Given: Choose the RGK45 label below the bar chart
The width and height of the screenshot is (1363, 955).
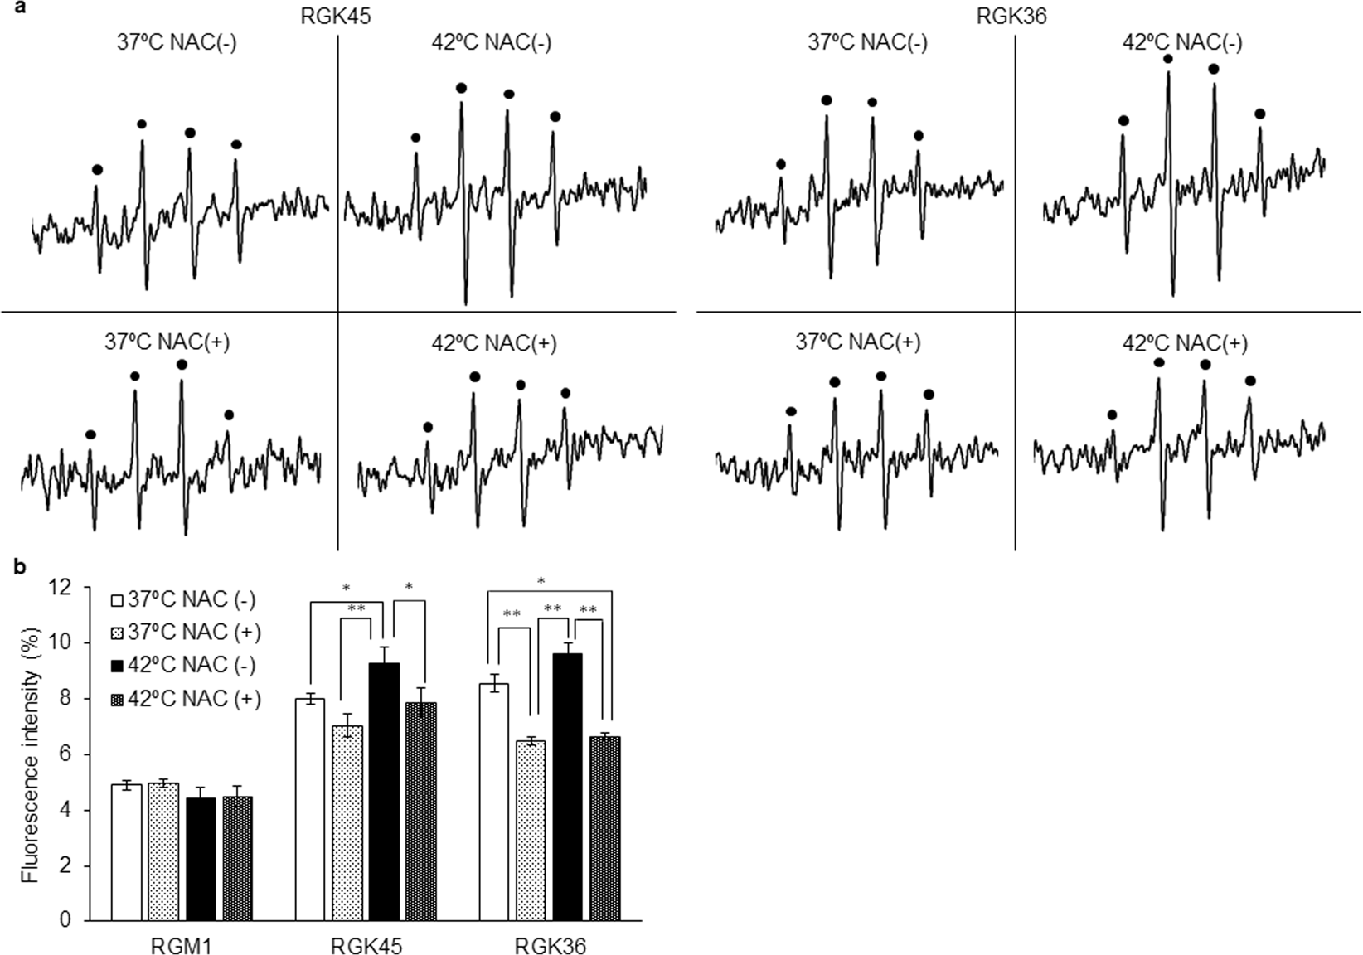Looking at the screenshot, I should coord(366,945).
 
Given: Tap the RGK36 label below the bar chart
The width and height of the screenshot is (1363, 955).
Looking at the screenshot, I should coord(550,945).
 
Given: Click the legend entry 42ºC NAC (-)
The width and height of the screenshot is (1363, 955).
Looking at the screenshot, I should coord(186,666).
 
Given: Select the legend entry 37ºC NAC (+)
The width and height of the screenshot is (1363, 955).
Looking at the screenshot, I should coord(186,633).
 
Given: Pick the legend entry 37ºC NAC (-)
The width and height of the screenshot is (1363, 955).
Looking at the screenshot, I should coord(186,599).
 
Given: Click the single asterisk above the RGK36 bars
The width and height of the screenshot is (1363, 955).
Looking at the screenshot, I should coord(541,580).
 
